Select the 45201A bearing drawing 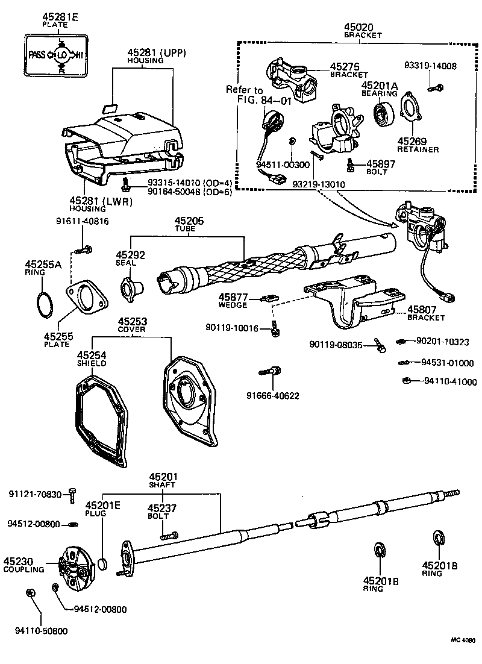click(x=381, y=114)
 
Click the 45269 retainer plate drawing click(x=412, y=108)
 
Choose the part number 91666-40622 click(x=272, y=395)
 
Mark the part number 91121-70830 click(x=35, y=494)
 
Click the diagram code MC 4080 click(x=463, y=640)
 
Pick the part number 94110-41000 click(x=449, y=381)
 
